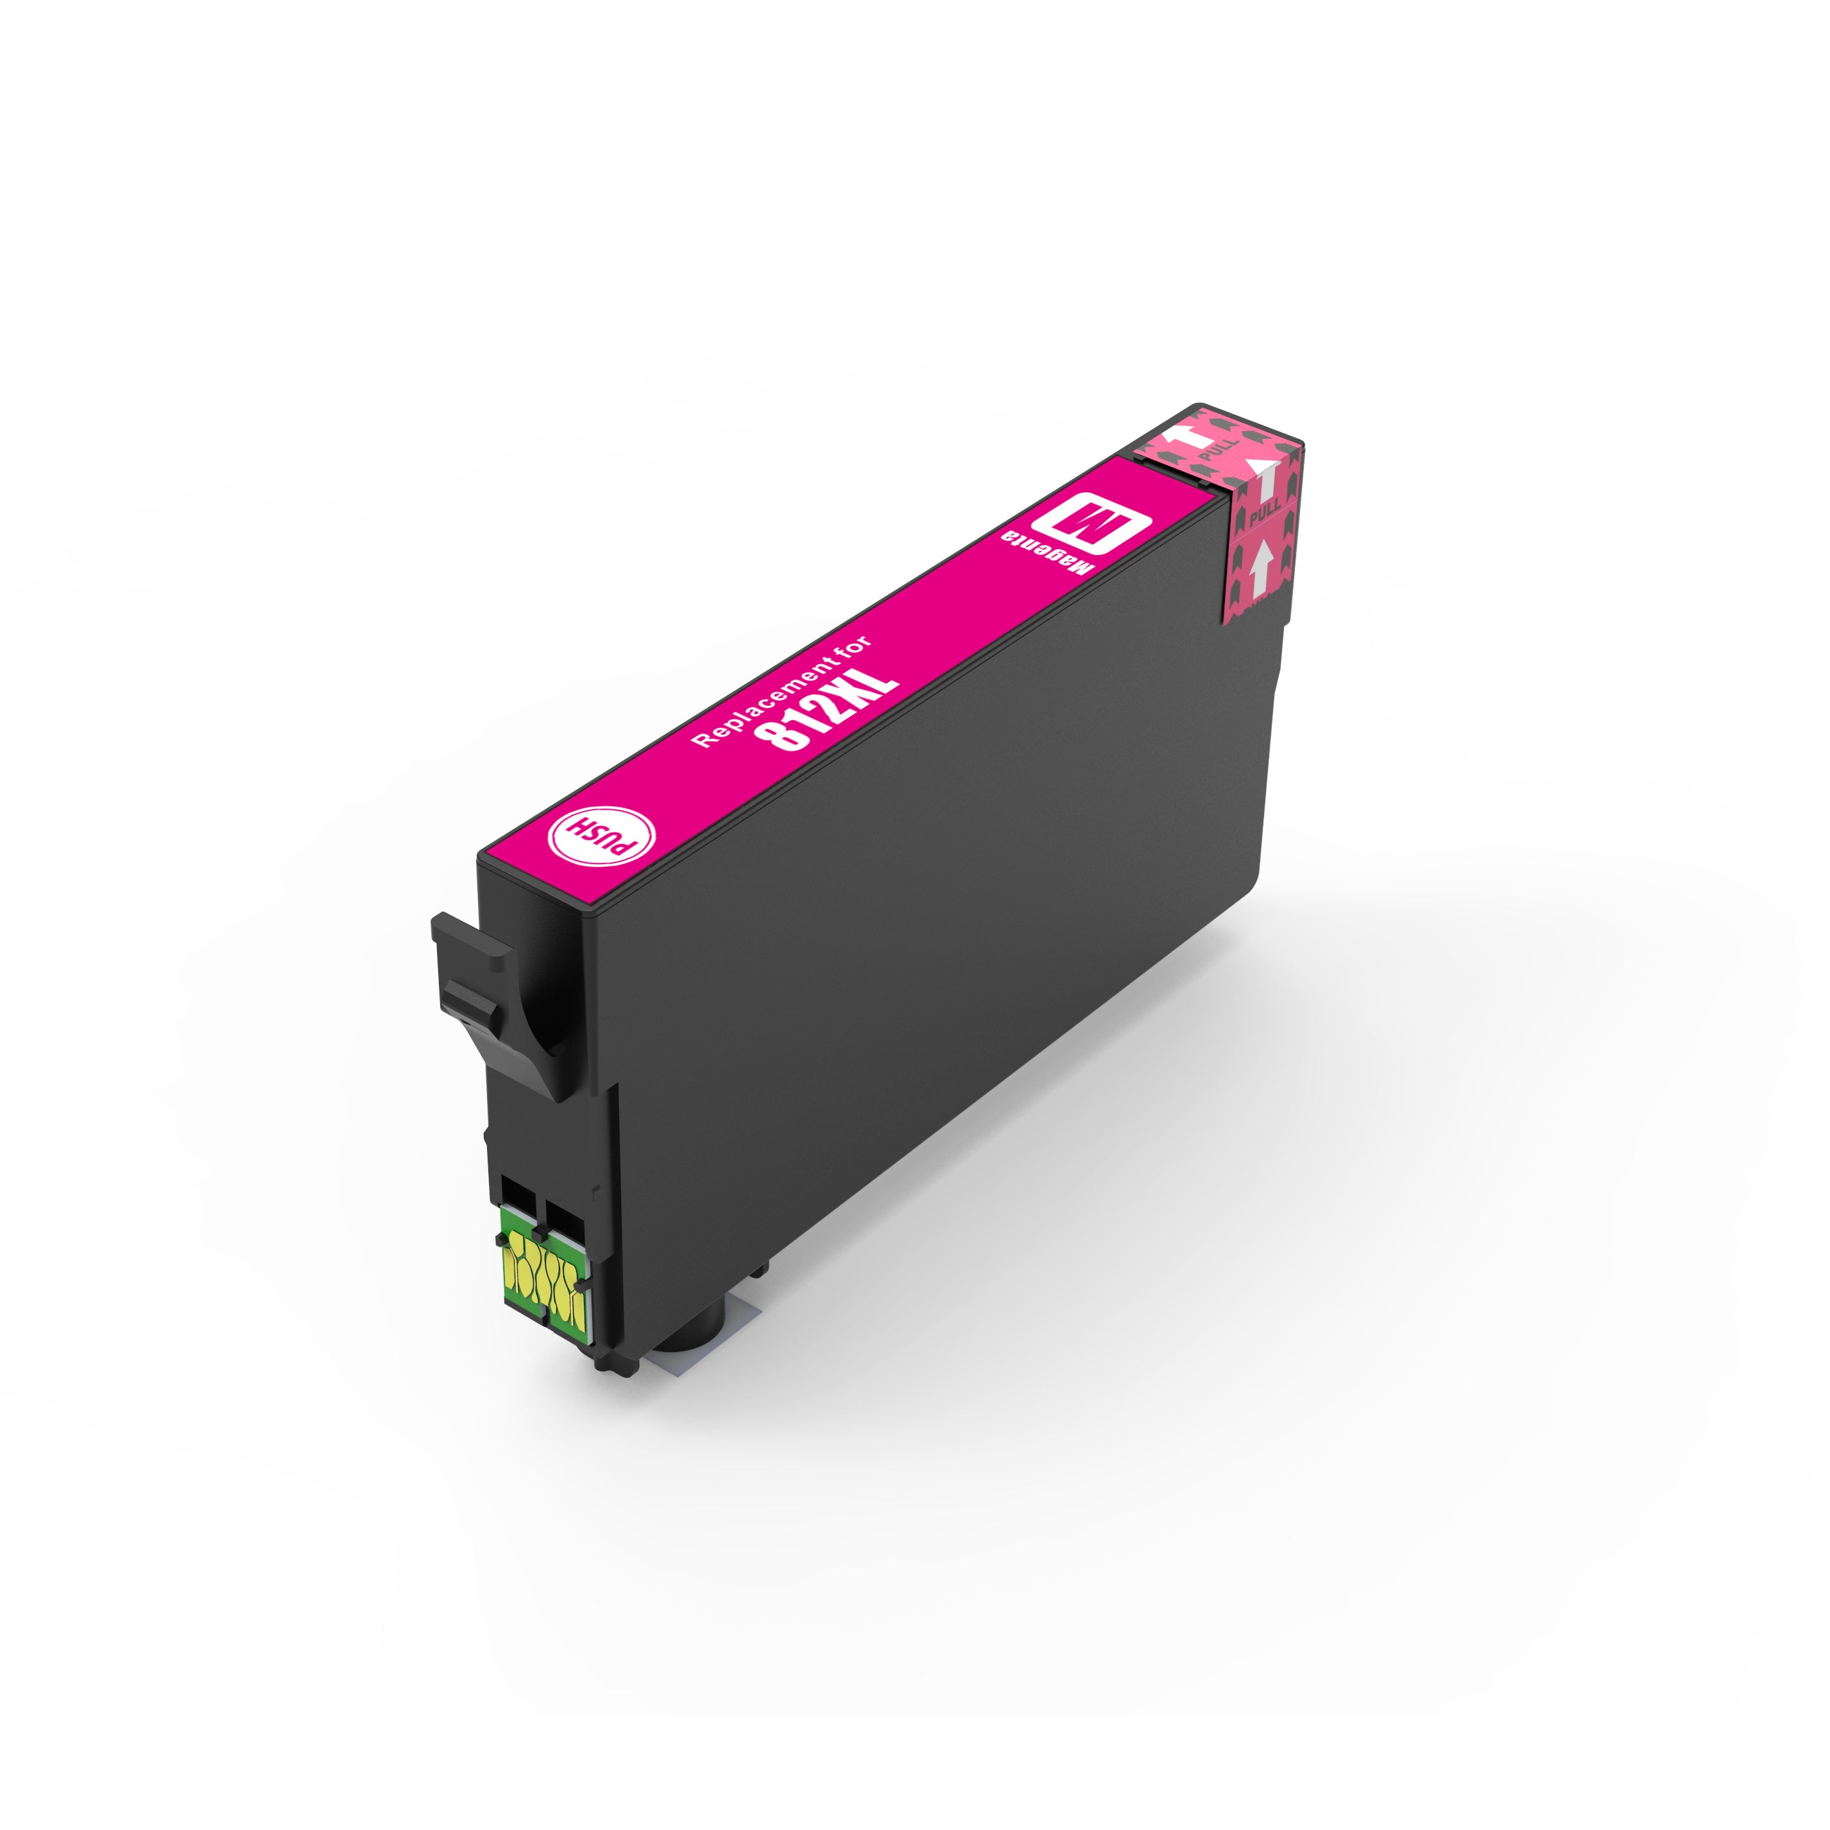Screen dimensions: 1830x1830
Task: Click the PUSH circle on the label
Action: coord(601,834)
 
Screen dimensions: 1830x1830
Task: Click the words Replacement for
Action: coord(782,692)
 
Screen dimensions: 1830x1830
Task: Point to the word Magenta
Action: coord(1054,559)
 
